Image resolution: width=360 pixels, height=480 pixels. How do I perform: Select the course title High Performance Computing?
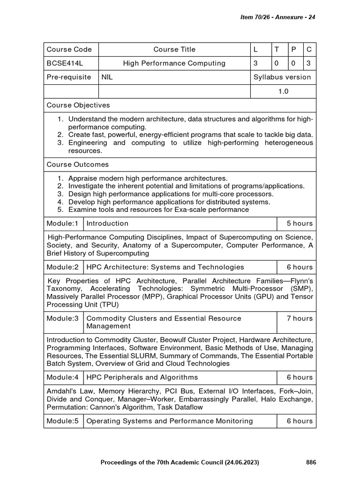pyautogui.click(x=174, y=63)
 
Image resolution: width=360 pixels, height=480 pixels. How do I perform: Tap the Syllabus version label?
pyautogui.click(x=282, y=77)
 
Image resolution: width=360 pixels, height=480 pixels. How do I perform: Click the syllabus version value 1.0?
pyautogui.click(x=283, y=91)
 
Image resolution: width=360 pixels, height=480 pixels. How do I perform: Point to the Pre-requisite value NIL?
pyautogui.click(x=107, y=77)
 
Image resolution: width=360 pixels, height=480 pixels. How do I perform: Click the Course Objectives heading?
pyautogui.click(x=78, y=105)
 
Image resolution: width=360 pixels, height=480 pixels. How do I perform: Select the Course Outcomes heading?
pyautogui.click(x=78, y=165)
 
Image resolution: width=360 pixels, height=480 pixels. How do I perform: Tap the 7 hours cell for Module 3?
pyautogui.click(x=300, y=318)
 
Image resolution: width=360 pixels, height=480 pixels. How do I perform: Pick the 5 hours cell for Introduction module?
pyautogui.click(x=300, y=224)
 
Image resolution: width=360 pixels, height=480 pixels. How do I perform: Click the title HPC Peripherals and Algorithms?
pyautogui.click(x=142, y=377)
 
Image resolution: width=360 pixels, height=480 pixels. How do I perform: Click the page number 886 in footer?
pyautogui.click(x=311, y=462)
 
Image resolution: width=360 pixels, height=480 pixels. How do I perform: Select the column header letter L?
pyautogui.click(x=256, y=49)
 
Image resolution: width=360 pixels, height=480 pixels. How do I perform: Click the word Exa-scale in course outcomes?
pyautogui.click(x=171, y=210)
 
